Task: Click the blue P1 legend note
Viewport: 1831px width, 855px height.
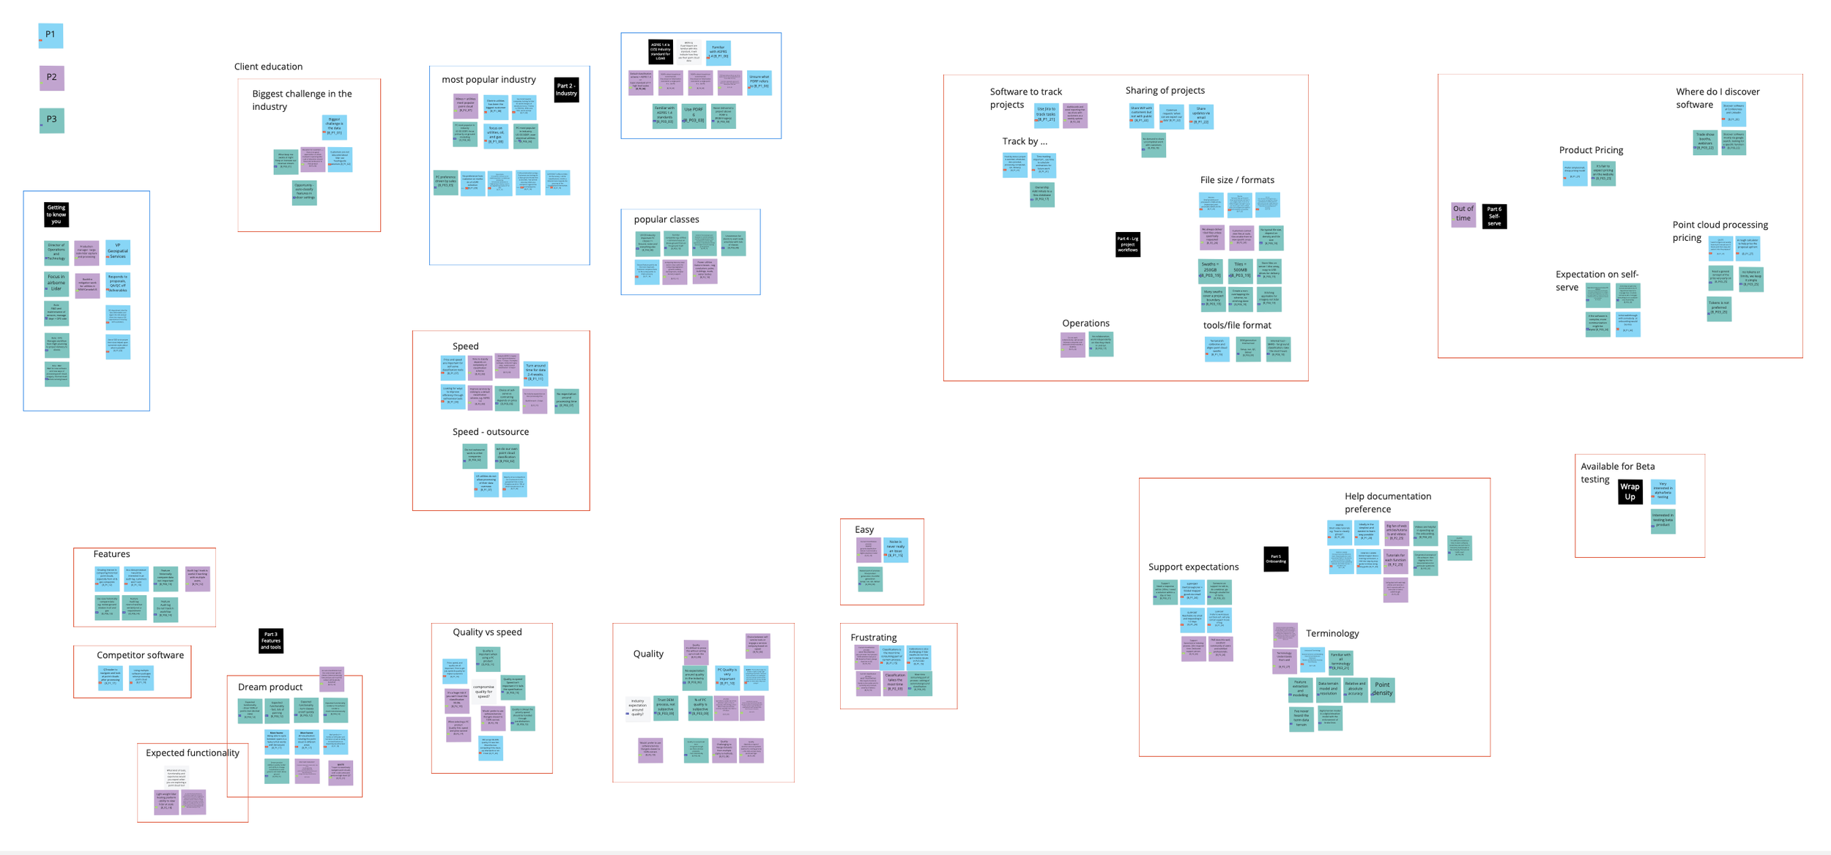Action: point(51,35)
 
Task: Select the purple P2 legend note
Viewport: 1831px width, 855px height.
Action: point(51,78)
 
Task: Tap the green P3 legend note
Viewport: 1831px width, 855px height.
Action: point(51,120)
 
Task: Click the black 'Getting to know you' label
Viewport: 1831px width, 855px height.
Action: point(56,214)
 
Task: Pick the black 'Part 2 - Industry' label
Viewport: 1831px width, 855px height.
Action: point(566,90)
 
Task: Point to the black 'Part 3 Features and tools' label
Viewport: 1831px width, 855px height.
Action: point(271,641)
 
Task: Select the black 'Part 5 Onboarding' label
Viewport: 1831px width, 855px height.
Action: point(1276,559)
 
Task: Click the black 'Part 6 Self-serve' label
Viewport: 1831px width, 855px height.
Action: point(1494,216)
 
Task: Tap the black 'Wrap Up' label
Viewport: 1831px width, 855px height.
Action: point(1630,491)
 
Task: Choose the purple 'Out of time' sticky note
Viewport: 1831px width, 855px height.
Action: point(1463,214)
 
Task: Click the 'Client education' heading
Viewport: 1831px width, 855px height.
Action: point(268,67)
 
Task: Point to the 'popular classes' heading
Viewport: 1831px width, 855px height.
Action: point(666,220)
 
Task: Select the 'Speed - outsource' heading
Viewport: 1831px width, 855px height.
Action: point(491,432)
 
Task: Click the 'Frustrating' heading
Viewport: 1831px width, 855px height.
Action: point(874,638)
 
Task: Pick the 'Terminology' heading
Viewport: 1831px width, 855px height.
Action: point(1332,634)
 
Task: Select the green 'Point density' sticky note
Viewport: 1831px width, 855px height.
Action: point(1382,690)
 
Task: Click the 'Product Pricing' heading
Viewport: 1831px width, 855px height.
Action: point(1591,150)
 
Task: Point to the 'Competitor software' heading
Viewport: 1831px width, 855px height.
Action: point(140,655)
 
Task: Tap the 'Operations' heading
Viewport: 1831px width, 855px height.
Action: point(1085,324)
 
